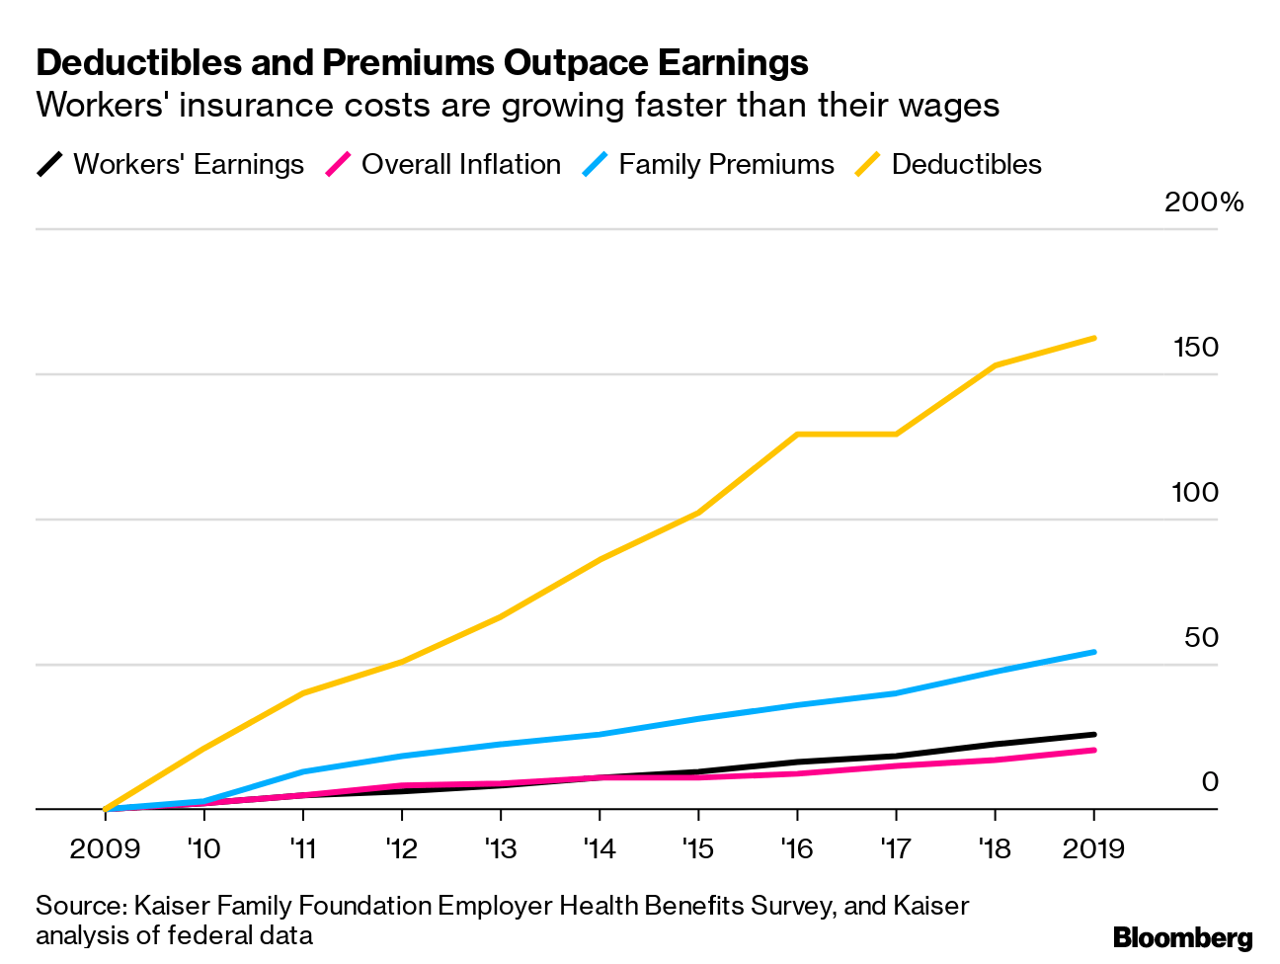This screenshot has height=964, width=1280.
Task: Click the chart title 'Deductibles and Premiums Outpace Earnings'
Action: point(422,63)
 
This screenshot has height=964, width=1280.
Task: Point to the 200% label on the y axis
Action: point(1203,202)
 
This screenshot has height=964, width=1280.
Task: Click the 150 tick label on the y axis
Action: point(1195,348)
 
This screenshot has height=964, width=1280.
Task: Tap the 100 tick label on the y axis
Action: point(1195,492)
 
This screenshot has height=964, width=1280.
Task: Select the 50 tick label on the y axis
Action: point(1201,637)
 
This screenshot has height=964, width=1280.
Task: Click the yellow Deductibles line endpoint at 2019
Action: point(1093,338)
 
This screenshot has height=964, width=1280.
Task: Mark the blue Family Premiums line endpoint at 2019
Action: point(1093,652)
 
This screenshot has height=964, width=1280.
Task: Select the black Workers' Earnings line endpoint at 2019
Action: point(1093,734)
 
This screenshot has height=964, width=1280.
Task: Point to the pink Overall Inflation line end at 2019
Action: point(1093,751)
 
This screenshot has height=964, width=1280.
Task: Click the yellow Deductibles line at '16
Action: point(797,434)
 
